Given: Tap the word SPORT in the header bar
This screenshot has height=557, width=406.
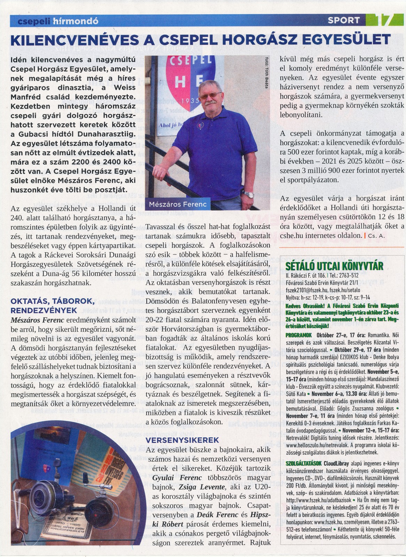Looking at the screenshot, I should coord(343,21).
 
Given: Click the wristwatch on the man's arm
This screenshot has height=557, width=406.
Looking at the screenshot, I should coord(248,194).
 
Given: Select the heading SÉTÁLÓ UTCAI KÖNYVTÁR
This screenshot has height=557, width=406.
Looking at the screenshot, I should coord(334,266).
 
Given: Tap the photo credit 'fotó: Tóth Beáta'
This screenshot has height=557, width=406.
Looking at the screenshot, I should coord(266,74).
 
